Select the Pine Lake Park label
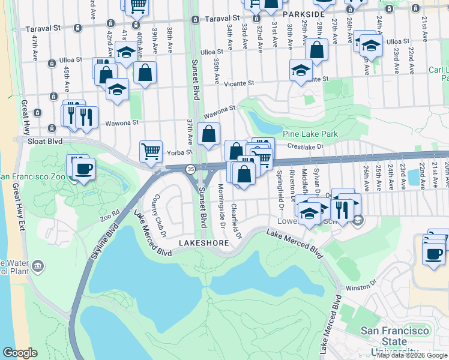pyautogui.click(x=312, y=134)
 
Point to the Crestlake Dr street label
pyautogui.click(x=305, y=146)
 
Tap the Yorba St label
pyautogui.click(x=175, y=152)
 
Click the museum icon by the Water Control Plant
pyautogui.click(x=38, y=265)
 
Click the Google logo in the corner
pyautogui.click(x=20, y=353)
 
